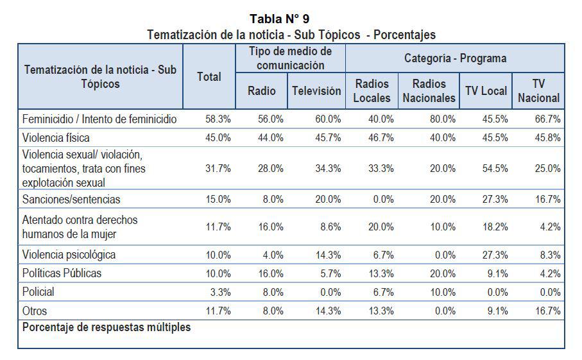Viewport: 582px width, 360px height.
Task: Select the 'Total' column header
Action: click(209, 77)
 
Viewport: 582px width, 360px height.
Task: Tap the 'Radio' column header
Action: click(262, 91)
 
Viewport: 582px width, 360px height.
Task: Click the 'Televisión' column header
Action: click(316, 91)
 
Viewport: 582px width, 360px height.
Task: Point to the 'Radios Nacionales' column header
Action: click(429, 91)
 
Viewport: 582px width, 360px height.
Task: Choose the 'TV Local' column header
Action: click(486, 91)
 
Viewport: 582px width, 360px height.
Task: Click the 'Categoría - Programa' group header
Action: click(455, 58)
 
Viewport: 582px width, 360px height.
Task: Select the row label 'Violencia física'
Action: click(56, 137)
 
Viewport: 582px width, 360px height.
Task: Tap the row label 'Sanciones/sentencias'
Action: click(71, 200)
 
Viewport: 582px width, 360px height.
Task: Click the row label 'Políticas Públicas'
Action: click(62, 273)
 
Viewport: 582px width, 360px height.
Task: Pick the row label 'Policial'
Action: click(39, 292)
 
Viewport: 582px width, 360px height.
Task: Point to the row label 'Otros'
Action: click(36, 311)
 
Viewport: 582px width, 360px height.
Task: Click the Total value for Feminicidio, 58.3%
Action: click(218, 119)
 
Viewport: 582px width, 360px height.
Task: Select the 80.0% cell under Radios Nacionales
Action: click(443, 119)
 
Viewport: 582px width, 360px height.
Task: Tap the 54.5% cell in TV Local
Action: click(495, 169)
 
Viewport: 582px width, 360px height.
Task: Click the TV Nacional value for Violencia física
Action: click(547, 137)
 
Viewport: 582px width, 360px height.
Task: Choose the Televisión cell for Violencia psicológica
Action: click(328, 255)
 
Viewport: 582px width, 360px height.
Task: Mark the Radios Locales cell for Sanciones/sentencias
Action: click(384, 200)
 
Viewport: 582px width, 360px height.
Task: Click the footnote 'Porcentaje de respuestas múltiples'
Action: click(107, 327)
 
